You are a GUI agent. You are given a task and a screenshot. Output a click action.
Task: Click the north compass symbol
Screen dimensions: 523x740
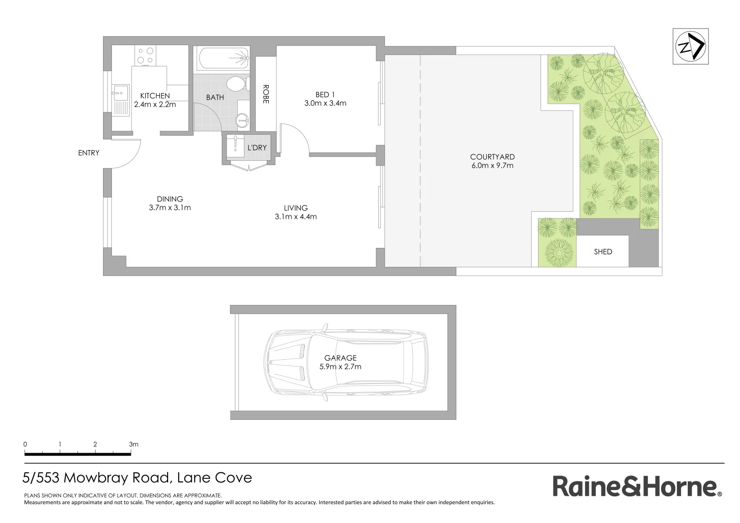(x=691, y=46)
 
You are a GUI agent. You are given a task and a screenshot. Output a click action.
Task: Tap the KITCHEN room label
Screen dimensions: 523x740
(x=155, y=96)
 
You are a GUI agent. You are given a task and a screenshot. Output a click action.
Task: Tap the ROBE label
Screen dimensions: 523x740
(x=265, y=94)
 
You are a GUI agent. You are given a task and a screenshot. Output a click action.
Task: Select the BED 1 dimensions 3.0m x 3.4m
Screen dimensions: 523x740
(x=325, y=103)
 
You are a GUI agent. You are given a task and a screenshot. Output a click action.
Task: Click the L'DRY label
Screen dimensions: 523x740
(x=257, y=147)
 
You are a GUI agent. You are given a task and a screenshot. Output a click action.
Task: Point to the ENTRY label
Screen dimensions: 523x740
(x=89, y=153)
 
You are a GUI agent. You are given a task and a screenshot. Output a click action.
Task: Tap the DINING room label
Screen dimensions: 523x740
(x=170, y=199)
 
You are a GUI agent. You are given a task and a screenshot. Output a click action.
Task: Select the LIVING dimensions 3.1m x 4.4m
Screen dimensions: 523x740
(x=295, y=216)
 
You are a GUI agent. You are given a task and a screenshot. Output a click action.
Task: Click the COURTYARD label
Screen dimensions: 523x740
(x=492, y=157)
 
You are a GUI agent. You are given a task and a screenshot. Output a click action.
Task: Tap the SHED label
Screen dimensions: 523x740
(x=603, y=252)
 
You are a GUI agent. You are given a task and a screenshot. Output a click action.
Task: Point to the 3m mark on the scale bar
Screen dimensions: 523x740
(x=133, y=444)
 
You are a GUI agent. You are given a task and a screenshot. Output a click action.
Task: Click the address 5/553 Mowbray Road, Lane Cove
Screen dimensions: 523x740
(x=137, y=478)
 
